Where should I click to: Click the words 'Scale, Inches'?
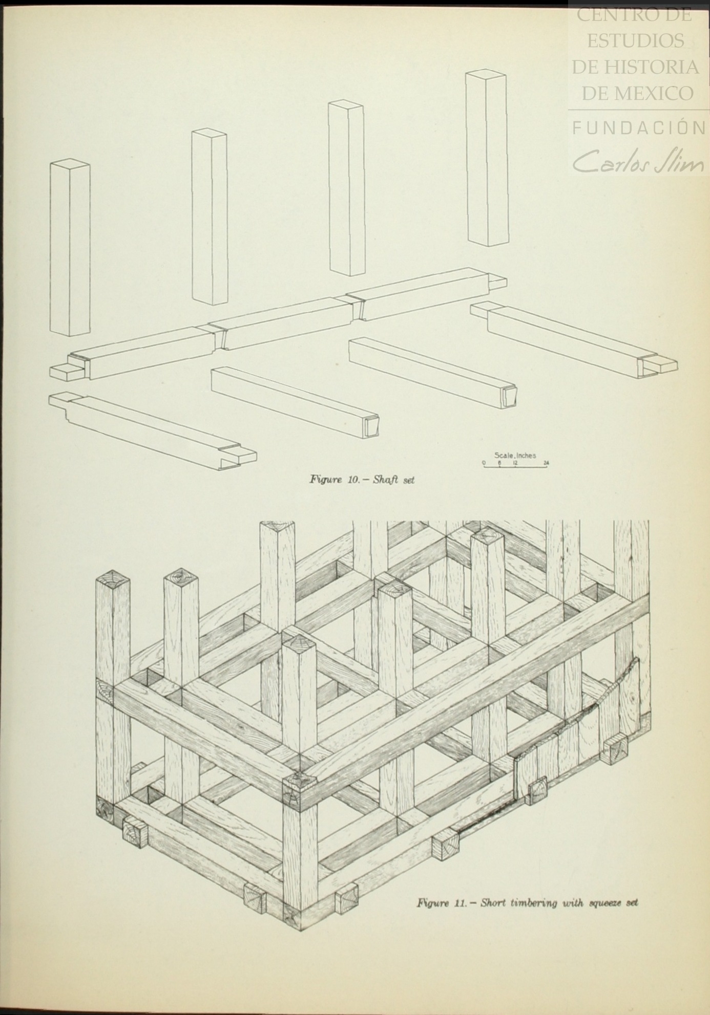pyautogui.click(x=515, y=455)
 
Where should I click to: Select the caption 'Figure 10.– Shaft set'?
pyautogui.click(x=362, y=480)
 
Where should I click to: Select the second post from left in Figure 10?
pyautogui.click(x=209, y=217)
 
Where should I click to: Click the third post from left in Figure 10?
pyautogui.click(x=347, y=188)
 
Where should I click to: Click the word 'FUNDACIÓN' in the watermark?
pyautogui.click(x=638, y=127)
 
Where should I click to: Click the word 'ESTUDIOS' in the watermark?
pyautogui.click(x=636, y=40)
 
